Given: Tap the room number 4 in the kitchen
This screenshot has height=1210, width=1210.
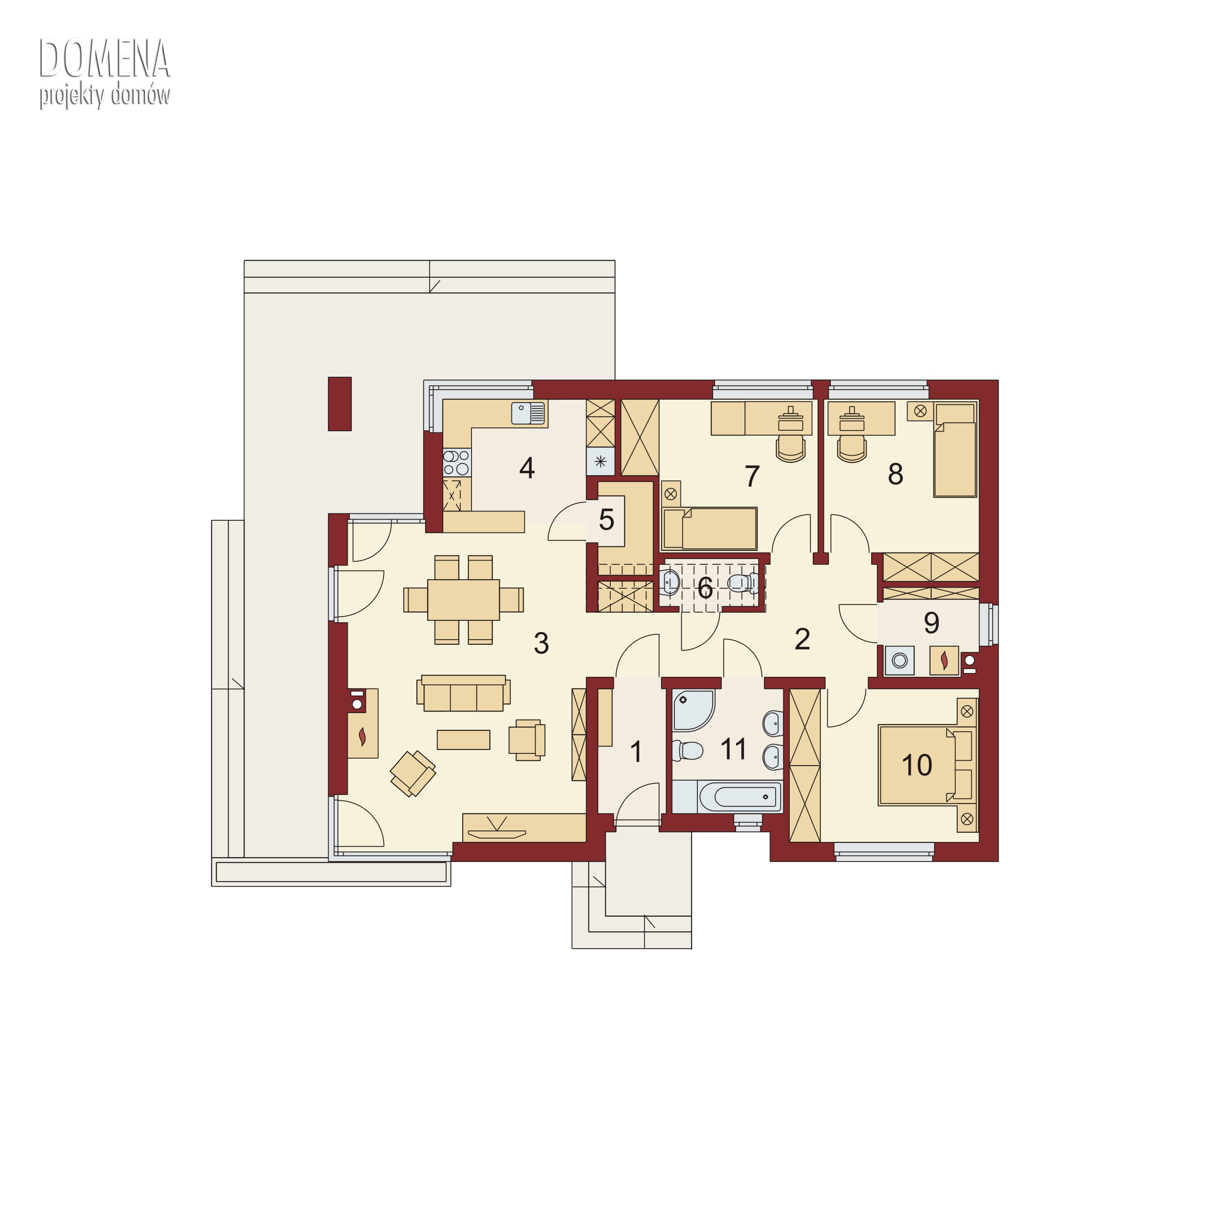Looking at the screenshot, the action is (527, 468).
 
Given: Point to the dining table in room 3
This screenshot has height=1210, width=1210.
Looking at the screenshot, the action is (463, 599).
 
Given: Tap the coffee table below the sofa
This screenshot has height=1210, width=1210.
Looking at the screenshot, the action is (463, 740).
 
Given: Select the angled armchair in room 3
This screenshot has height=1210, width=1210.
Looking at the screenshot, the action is (413, 774).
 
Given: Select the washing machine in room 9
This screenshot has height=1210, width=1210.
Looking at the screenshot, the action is (900, 660).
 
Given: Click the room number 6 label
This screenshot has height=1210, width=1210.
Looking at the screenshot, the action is (705, 588).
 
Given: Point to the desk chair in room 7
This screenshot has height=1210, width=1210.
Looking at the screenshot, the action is (791, 449).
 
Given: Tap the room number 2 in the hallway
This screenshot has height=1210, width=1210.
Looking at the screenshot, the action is (802, 639).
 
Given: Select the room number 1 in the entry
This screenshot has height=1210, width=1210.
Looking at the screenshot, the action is (636, 751).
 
